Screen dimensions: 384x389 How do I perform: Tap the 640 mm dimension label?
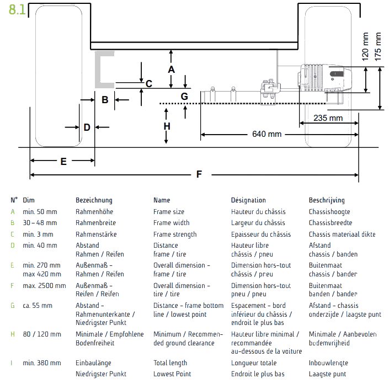[266, 134]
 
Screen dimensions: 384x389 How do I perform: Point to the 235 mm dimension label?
[327, 118]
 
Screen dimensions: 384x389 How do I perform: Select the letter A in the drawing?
[171, 70]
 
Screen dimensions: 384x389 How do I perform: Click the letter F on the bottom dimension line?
[199, 175]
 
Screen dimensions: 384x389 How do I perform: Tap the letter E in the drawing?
[63, 162]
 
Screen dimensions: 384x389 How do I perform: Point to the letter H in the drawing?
[167, 126]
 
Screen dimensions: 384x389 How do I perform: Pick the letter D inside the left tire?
[87, 127]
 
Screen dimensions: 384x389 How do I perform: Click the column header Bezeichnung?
[94, 200]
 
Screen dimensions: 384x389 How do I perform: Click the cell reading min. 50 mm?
[40, 212]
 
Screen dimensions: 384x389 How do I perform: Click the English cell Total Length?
[170, 363]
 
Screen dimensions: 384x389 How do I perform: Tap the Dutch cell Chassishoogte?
[329, 212]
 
